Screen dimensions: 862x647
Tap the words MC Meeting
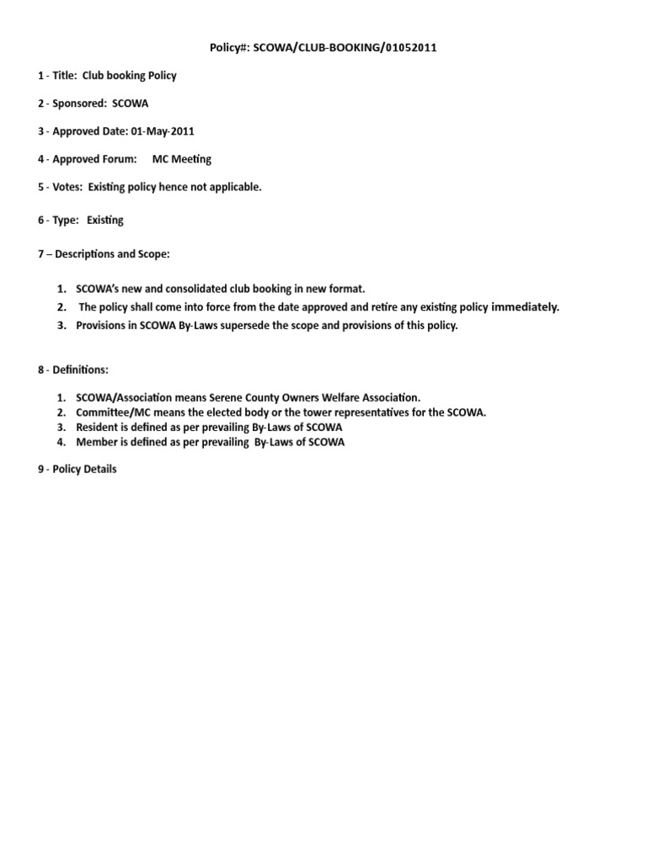click(181, 159)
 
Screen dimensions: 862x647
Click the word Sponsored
click(78, 104)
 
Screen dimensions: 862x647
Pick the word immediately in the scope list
click(525, 307)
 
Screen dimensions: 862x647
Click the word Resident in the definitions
click(97, 428)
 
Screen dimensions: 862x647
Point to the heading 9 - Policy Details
click(78, 470)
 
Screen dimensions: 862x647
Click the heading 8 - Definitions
click(73, 370)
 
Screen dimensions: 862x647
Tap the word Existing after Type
click(105, 221)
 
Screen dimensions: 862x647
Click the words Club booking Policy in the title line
click(129, 76)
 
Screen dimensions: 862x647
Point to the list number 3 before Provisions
click(62, 326)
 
